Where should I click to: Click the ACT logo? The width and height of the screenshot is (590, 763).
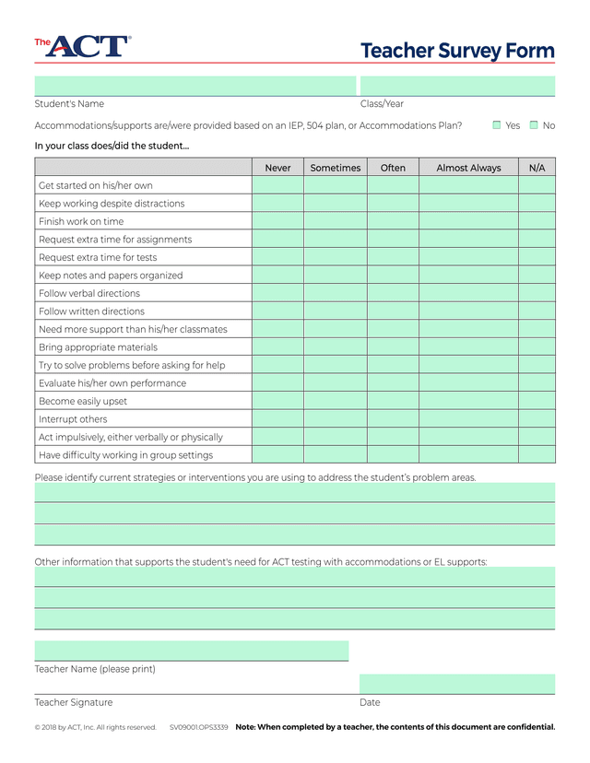pyautogui.click(x=83, y=46)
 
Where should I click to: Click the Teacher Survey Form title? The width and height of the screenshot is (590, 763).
pyautogui.click(x=457, y=51)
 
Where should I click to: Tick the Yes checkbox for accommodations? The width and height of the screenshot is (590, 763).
pyautogui.click(x=497, y=125)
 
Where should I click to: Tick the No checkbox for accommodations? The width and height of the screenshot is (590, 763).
pyautogui.click(x=534, y=125)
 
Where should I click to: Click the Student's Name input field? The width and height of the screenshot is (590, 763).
pyautogui.click(x=195, y=86)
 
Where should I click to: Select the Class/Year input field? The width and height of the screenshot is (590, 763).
pyautogui.click(x=457, y=86)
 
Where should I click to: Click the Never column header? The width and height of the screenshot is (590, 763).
pyautogui.click(x=277, y=168)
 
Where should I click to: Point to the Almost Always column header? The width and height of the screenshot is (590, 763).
pyautogui.click(x=468, y=168)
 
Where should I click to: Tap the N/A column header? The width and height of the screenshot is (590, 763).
pyautogui.click(x=537, y=168)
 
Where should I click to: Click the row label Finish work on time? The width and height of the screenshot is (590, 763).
pyautogui.click(x=81, y=221)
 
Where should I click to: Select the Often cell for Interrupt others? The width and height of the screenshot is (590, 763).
pyautogui.click(x=393, y=419)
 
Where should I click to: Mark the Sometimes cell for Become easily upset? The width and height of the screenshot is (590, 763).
pyautogui.click(x=336, y=401)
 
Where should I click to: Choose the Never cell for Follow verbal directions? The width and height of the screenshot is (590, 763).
pyautogui.click(x=277, y=293)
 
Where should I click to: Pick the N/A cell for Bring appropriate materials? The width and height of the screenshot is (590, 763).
pyautogui.click(x=537, y=347)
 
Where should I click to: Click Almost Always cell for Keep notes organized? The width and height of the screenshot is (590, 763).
pyautogui.click(x=468, y=276)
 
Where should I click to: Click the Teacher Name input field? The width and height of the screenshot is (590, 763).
pyautogui.click(x=192, y=651)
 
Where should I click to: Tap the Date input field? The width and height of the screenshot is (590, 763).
pyautogui.click(x=457, y=684)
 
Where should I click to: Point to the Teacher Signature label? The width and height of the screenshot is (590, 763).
pyautogui.click(x=74, y=702)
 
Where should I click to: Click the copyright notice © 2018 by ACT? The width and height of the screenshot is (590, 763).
pyautogui.click(x=96, y=727)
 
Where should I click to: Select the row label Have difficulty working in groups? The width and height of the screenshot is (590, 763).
pyautogui.click(x=125, y=455)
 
